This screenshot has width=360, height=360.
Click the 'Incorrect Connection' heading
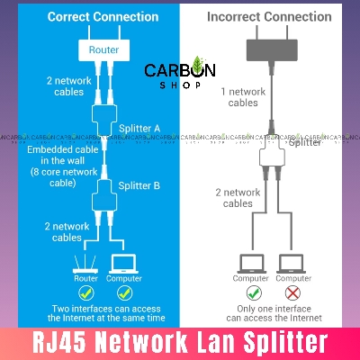coord(269,17)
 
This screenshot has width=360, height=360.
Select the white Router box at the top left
coord(101,51)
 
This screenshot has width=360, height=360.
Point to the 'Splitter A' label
coord(140,129)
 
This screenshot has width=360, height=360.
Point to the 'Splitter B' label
coord(140,185)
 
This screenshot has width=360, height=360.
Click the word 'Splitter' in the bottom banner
coord(285,342)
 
